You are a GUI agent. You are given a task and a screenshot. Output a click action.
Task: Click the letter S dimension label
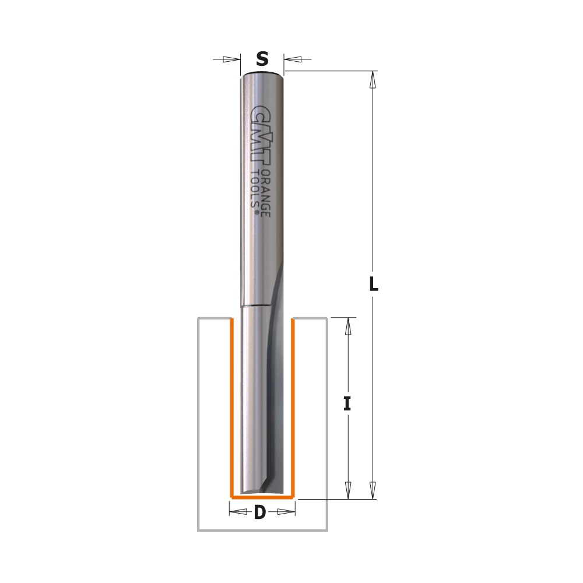[x=262, y=59]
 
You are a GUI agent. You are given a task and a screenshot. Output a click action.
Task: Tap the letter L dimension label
[x=374, y=285]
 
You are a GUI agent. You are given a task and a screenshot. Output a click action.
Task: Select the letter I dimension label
[x=347, y=403]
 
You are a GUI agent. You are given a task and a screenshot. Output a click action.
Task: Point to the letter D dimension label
[x=260, y=512]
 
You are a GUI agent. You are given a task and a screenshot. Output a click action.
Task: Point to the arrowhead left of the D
[x=237, y=512]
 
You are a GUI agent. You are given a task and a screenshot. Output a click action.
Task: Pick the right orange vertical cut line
[x=292, y=408]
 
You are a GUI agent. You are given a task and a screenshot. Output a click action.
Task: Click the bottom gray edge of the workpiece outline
[x=262, y=531]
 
